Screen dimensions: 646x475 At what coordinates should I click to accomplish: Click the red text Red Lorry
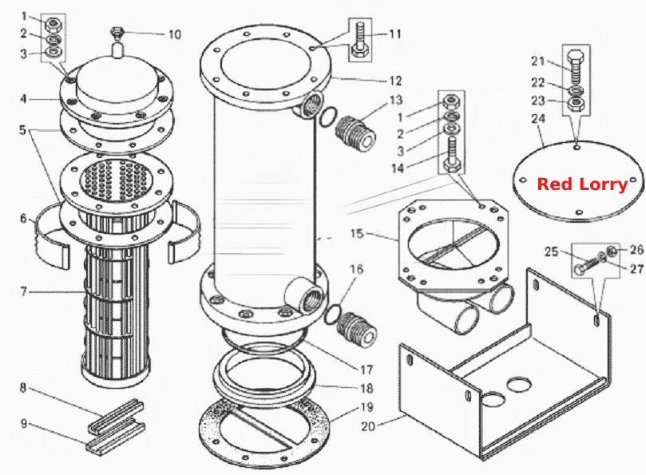pos(583,184)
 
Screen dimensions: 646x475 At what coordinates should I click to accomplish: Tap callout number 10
pos(174,34)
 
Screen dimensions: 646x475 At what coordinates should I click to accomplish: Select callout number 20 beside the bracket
pos(368,426)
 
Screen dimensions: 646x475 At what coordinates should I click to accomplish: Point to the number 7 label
pos(23,291)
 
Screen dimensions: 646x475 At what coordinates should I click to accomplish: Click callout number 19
pos(367,407)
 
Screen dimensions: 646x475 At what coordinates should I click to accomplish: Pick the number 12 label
pos(395,81)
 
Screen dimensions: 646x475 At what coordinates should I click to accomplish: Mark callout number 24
pos(538,119)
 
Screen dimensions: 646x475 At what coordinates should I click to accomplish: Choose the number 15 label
pos(357,234)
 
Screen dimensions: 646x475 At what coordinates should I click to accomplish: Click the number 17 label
pos(367,370)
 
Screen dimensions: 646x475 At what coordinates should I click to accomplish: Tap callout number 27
pos(636,269)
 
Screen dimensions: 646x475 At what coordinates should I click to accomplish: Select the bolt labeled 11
pos(359,41)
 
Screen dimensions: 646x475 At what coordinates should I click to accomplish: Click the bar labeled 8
pos(116,416)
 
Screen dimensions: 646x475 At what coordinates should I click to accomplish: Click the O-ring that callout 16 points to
pos(333,315)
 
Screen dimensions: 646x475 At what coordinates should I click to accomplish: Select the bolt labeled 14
pos(451,156)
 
